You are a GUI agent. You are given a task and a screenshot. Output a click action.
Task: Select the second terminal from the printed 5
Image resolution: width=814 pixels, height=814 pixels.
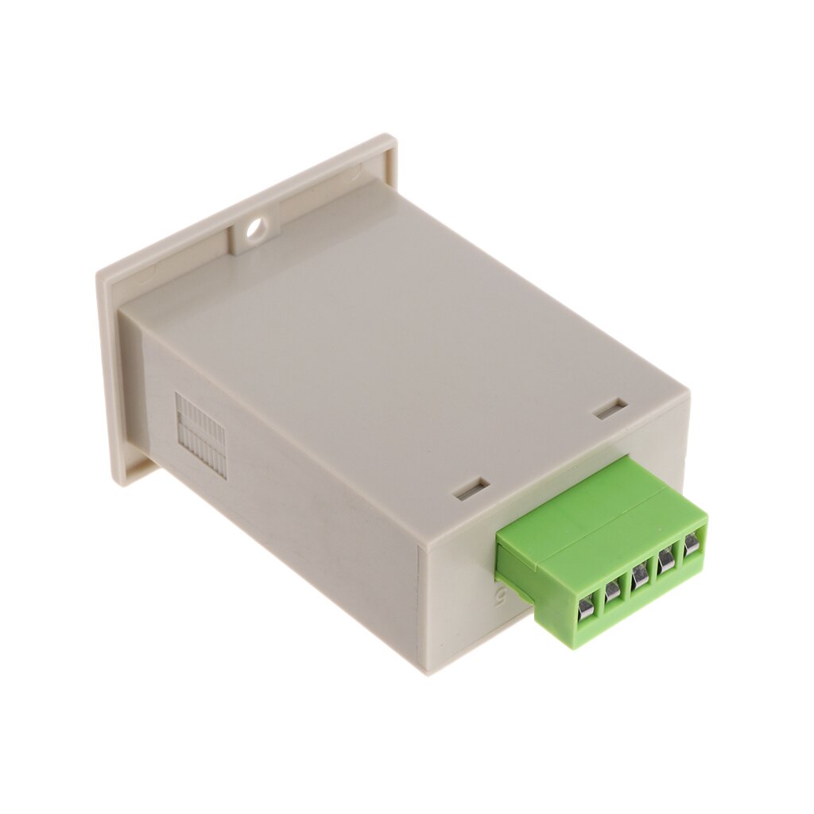coord(613,591)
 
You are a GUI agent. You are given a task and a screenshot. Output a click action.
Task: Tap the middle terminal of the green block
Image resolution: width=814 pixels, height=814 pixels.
coord(640,575)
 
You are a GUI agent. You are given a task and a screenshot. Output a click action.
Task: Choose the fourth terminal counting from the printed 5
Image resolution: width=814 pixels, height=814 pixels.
coord(666,560)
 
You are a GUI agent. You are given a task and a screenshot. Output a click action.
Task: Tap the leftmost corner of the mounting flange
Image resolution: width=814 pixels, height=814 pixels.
coord(99,274)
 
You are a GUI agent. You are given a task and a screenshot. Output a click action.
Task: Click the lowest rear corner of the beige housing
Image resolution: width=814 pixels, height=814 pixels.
coord(430,673)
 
